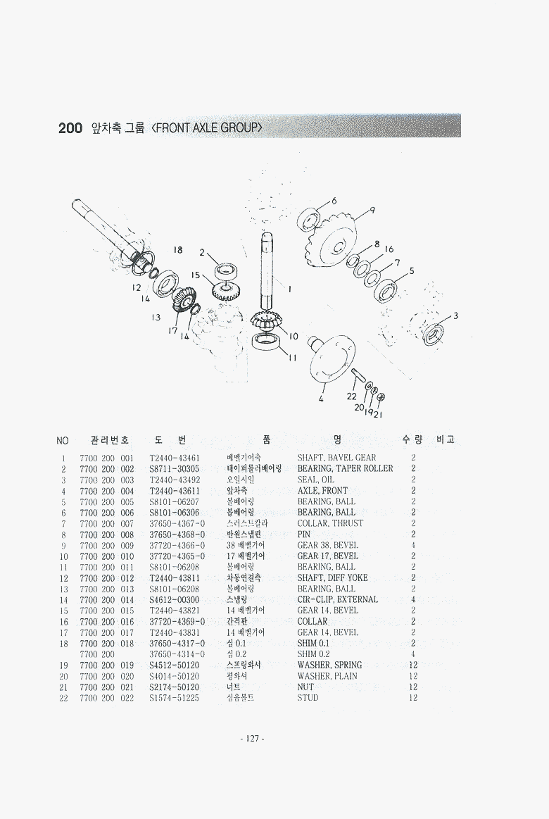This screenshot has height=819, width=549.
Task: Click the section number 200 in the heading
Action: coord(70,127)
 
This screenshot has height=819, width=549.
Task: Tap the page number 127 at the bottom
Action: coord(252,739)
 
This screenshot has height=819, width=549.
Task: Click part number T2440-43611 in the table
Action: coord(175,491)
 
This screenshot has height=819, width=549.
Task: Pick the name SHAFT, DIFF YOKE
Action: coord(332,577)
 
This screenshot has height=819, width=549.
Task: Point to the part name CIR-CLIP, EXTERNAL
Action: coord(337,599)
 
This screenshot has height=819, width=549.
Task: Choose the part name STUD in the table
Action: coord(308,698)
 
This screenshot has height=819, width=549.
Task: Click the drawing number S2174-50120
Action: coord(175,687)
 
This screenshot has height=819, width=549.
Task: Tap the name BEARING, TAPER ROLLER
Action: coord(345,468)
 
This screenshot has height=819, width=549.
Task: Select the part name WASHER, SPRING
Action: coord(329,665)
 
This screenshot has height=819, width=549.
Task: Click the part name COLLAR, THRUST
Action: coord(330,523)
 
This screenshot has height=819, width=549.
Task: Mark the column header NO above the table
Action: coord(63,441)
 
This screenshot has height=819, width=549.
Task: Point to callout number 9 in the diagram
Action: coord(372,209)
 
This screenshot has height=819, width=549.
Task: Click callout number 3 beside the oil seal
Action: coord(455,315)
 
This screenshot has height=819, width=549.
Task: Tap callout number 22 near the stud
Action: coord(352,396)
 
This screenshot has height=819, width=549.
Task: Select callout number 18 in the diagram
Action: coord(178,250)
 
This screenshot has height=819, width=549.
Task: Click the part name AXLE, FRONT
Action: coord(322,491)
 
